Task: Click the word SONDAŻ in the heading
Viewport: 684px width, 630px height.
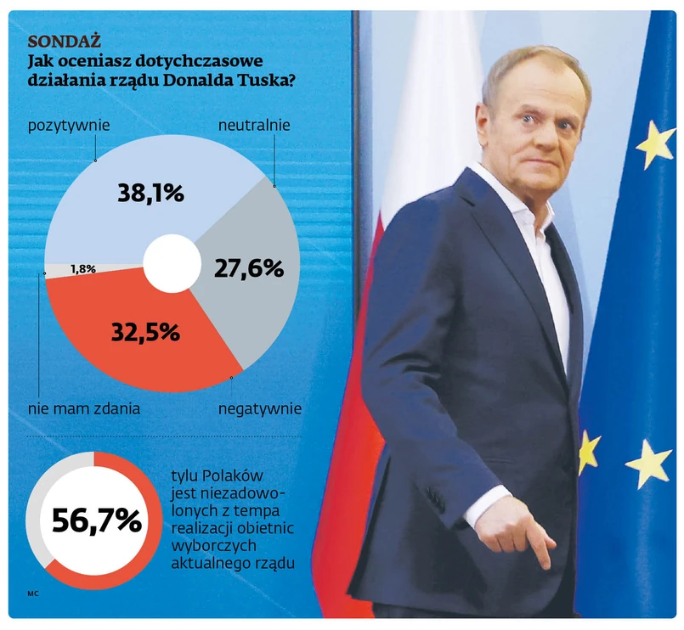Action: [65, 42]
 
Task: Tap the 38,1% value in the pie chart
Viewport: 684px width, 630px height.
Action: [150, 194]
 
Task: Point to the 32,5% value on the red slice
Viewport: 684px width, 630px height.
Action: [145, 332]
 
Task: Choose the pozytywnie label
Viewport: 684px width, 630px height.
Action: [70, 126]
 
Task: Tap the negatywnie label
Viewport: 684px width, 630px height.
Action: [260, 409]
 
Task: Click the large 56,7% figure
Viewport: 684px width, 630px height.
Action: [96, 520]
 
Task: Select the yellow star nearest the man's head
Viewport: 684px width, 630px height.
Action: [655, 143]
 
